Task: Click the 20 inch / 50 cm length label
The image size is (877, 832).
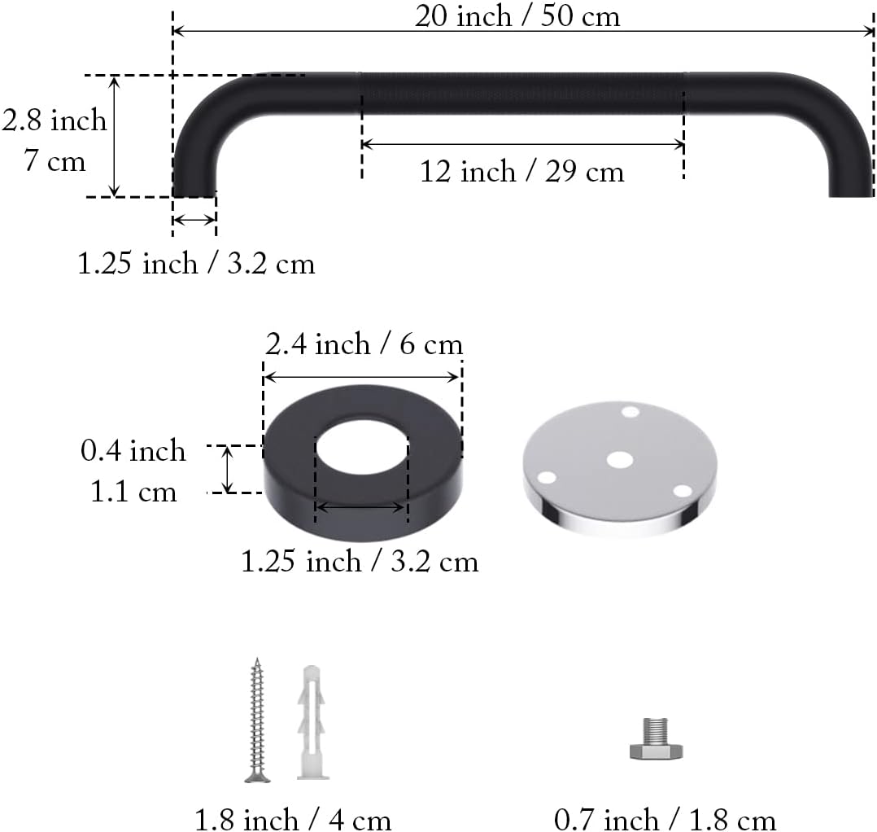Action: [x=517, y=15]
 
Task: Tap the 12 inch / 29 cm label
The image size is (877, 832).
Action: [x=521, y=172]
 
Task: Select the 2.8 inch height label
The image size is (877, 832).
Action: [x=55, y=120]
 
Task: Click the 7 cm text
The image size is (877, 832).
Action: [x=55, y=161]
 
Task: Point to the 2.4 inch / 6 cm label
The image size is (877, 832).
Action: [x=364, y=344]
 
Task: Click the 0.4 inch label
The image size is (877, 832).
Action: [x=133, y=450]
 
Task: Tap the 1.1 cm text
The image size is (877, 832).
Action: [x=133, y=492]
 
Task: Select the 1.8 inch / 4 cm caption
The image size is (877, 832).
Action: [x=293, y=818]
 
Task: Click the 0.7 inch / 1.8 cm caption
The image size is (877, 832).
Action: [x=665, y=819]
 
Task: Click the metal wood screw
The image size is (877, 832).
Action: [x=258, y=720]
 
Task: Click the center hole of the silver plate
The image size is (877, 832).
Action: [x=620, y=459]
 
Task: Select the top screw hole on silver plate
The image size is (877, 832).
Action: [x=630, y=412]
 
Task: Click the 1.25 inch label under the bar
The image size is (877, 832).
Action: [x=196, y=264]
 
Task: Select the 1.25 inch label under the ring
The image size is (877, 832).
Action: [x=360, y=561]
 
